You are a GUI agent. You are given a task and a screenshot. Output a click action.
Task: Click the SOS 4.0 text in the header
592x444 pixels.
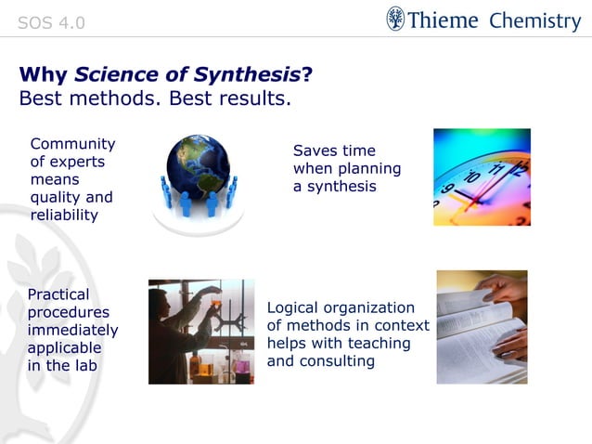pos(51,22)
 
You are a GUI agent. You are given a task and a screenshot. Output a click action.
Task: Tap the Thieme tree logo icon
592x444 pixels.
pos(396,20)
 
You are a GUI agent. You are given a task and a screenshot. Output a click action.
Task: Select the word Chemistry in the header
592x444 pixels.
pos(534,20)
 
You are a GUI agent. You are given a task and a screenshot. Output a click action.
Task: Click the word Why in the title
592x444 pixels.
pos(44,75)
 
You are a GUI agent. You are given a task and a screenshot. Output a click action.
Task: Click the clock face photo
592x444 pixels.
pos(482,176)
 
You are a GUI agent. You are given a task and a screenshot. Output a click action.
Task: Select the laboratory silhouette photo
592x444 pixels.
pos(200,332)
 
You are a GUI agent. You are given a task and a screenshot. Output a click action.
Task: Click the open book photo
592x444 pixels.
pos(482,327)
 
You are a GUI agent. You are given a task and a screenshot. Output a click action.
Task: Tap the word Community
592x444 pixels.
pos(72,144)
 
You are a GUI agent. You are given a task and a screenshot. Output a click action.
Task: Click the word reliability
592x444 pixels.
pos(64,215)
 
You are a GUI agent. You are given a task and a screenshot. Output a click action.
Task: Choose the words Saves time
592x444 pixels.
pos(334,150)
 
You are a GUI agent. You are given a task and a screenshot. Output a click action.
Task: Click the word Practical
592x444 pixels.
pos(58,294)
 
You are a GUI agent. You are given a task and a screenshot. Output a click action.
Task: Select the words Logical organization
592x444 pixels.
pos(341,307)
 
